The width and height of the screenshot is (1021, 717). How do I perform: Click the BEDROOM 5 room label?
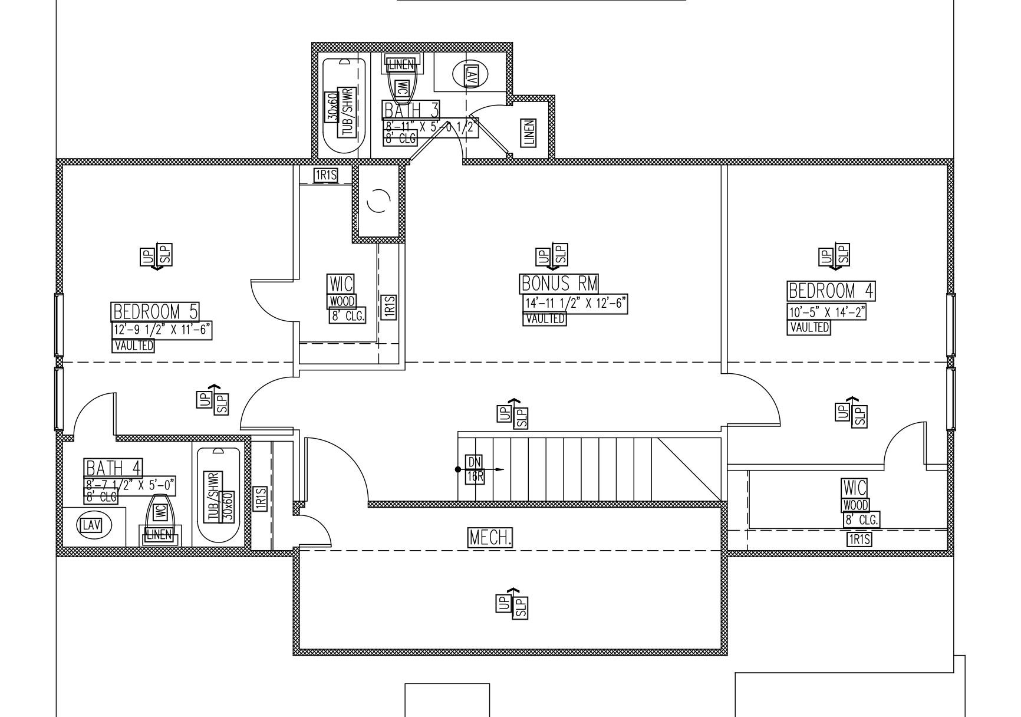coord(155,311)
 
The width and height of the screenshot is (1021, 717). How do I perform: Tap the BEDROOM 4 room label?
coord(831,291)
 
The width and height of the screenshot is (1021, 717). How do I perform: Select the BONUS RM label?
coord(559,284)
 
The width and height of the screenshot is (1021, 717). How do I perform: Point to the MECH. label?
coord(490,537)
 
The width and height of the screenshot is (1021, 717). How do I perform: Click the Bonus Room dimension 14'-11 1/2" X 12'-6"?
coord(575,304)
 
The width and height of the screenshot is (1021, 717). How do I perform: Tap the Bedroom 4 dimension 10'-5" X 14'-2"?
coord(826,312)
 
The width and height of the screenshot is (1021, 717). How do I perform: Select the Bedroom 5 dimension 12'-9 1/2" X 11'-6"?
coord(162,330)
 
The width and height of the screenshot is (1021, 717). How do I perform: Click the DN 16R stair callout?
coord(475,469)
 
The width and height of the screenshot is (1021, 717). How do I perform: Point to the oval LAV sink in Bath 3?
coord(470,74)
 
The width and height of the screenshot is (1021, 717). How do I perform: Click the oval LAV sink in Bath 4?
coord(91,524)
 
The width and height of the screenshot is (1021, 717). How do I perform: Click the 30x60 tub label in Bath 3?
coord(332,107)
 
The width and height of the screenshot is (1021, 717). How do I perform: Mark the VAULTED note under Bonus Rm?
coord(544,318)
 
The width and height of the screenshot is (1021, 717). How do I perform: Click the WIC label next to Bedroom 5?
coord(341,284)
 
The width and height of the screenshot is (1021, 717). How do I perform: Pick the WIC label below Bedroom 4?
coord(855,488)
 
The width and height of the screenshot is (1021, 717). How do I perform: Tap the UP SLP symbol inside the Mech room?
coord(512,603)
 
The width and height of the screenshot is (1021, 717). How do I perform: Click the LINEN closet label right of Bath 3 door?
coord(529,133)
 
